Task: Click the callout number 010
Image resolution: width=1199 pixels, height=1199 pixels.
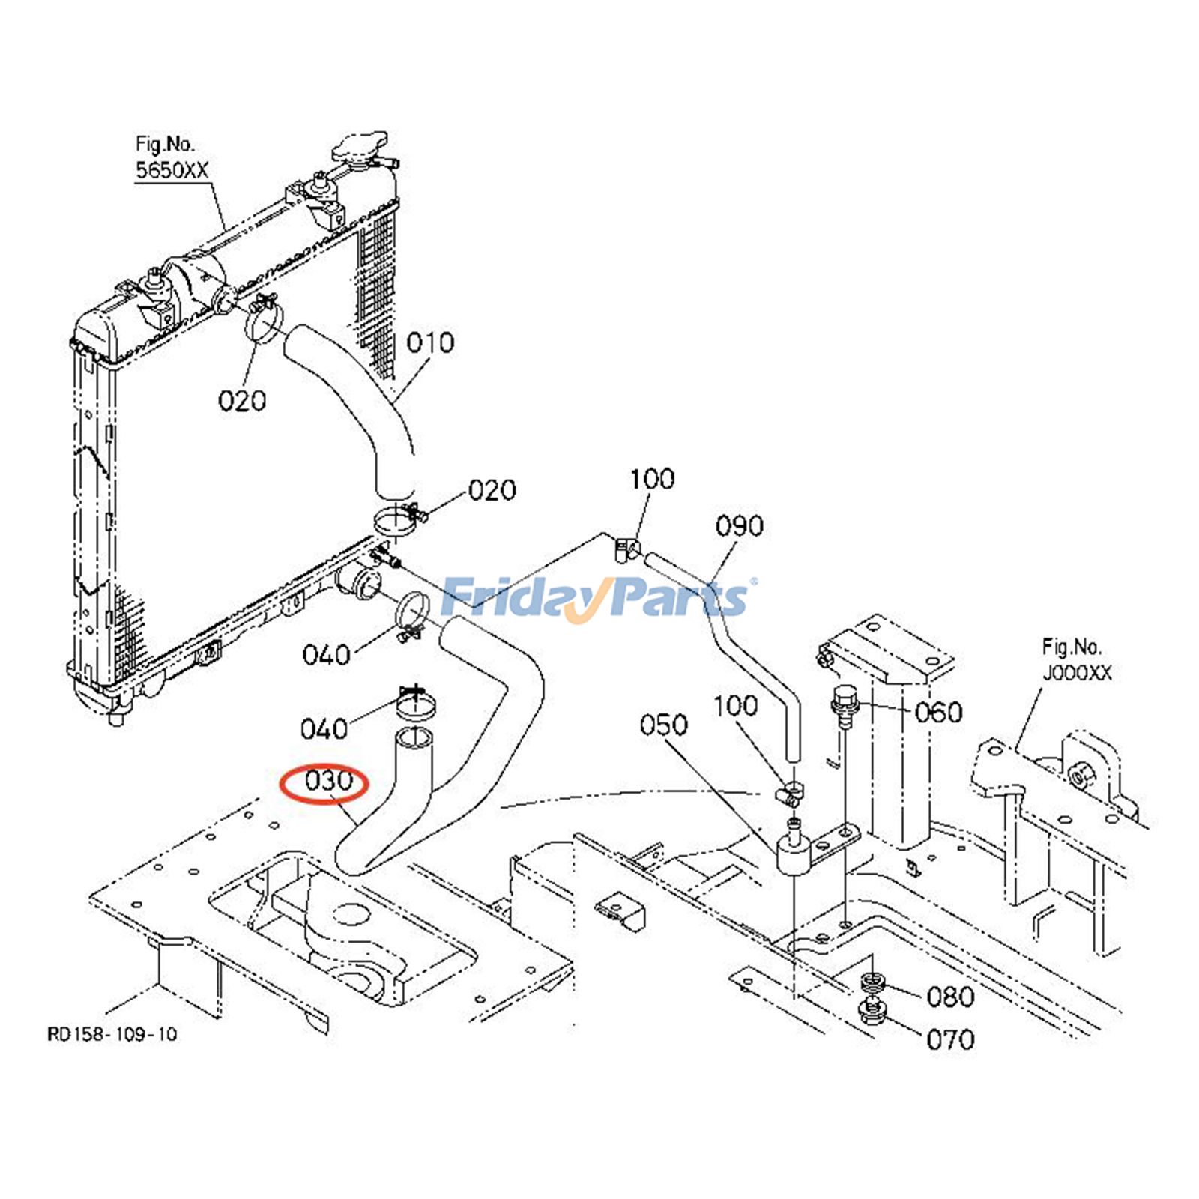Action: tap(430, 343)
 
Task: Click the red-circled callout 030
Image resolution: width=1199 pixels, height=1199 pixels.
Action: tap(327, 782)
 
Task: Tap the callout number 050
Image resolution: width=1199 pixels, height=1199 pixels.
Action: tap(663, 725)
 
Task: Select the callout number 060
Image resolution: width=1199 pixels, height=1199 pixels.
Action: tap(938, 712)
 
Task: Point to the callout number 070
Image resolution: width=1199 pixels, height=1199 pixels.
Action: tap(950, 1039)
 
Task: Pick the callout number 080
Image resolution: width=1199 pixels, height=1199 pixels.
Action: tap(950, 997)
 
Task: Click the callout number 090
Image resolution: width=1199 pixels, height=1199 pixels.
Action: tap(739, 526)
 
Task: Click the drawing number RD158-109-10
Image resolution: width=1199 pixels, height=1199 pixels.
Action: tap(112, 1034)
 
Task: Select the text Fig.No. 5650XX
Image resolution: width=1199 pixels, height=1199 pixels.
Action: tap(170, 157)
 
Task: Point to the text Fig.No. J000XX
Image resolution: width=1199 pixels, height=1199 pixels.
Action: tap(1076, 659)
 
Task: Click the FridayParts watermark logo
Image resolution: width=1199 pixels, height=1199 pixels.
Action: tap(596, 598)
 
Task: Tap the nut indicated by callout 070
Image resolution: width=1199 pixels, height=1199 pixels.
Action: tap(872, 1014)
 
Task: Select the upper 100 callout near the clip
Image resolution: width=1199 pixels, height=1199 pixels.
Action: tap(651, 479)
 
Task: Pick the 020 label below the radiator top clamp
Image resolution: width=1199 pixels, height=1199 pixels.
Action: tap(241, 402)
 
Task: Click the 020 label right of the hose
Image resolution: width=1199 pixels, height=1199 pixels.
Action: tap(492, 491)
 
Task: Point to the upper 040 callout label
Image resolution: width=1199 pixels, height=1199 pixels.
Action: tap(326, 655)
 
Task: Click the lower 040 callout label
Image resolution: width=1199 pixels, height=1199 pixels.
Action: tap(324, 728)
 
